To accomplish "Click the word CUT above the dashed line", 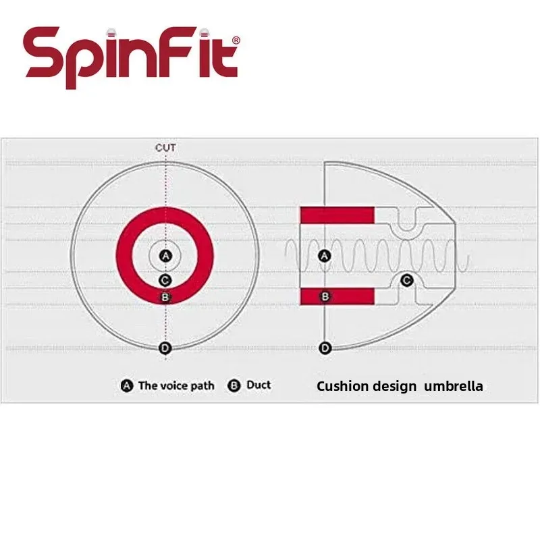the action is pos(165,147).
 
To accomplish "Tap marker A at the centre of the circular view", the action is pos(165,255).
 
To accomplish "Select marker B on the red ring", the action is pos(165,296).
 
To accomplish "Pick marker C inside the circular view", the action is pos(165,280).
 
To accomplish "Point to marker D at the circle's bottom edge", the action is pos(165,348).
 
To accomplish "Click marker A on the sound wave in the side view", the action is pos(325,256).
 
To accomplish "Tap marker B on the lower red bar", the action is pos(325,296).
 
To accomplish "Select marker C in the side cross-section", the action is pos(406,279).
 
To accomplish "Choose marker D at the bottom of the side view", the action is pos(325,348).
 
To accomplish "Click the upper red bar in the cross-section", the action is pos(337,215).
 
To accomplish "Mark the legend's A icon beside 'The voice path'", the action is pos(127,386).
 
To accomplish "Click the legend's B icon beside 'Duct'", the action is pos(235,386).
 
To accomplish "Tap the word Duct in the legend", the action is pos(259,385).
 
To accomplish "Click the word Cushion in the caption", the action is pos(343,387).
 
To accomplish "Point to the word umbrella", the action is pos(454,387).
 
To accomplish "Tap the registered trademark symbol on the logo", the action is pos(236,41).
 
